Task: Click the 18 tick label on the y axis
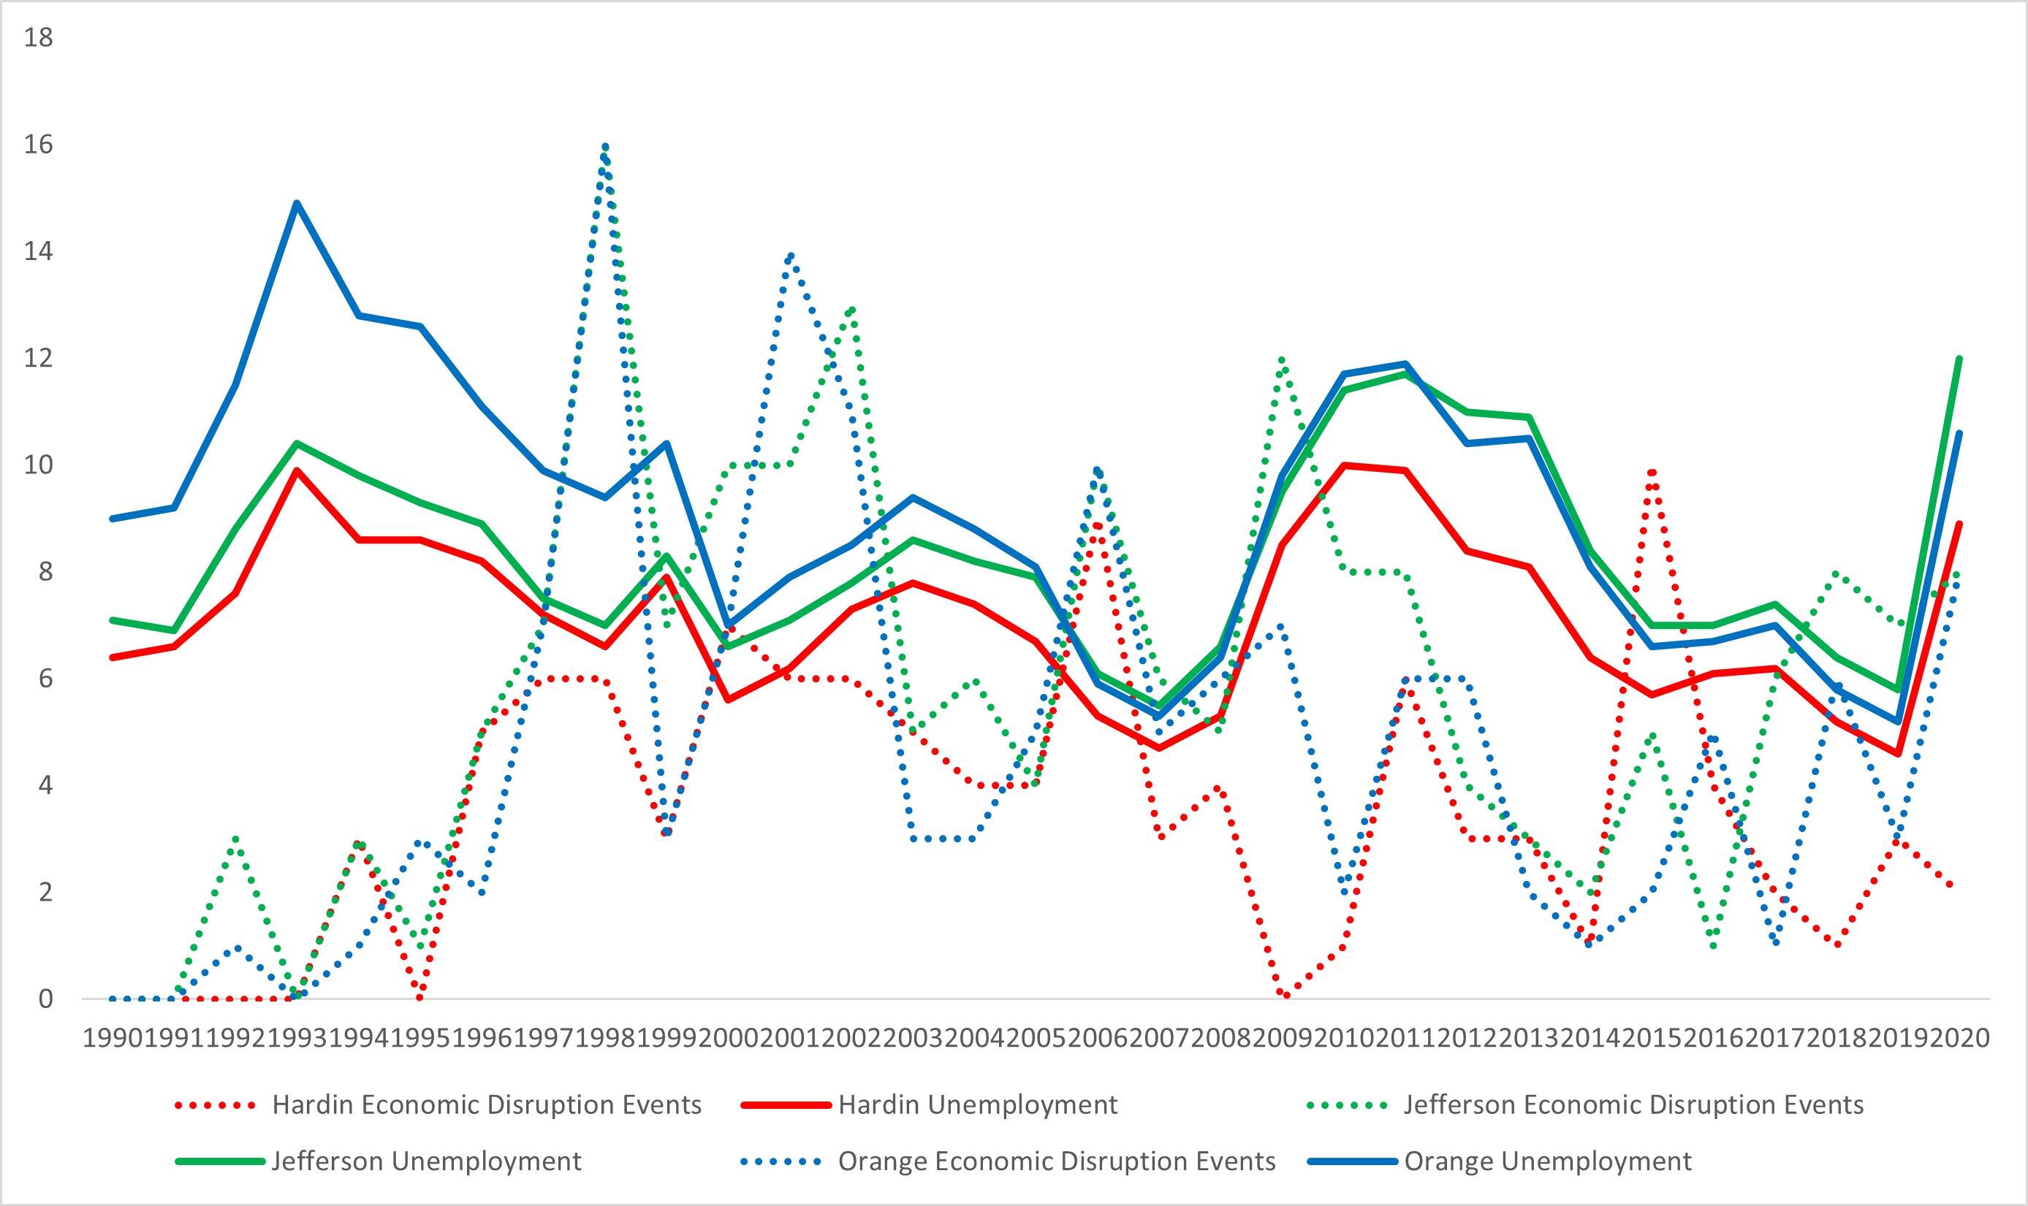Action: (x=38, y=37)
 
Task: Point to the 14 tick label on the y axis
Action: (x=38, y=251)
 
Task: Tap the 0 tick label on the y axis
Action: (x=45, y=999)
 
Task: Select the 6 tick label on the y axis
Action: (x=45, y=679)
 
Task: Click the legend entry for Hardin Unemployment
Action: (x=978, y=1104)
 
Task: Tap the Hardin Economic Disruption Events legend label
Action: (x=486, y=1104)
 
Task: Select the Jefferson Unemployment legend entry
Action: (x=426, y=1161)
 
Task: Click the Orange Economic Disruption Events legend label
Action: (x=1057, y=1161)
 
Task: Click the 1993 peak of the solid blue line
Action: (x=297, y=203)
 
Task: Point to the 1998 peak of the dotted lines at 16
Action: (x=604, y=147)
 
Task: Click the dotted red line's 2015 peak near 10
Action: (x=1652, y=471)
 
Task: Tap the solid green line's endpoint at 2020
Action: (x=1959, y=359)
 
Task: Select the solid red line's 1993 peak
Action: (x=297, y=470)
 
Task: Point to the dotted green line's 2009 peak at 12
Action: (x=1283, y=359)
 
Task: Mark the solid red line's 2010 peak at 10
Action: (x=1345, y=465)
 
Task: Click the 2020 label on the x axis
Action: (x=1959, y=1038)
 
